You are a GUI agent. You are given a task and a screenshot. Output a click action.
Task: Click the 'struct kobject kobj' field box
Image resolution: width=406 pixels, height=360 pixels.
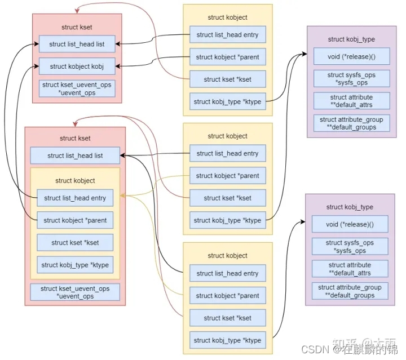[77, 66]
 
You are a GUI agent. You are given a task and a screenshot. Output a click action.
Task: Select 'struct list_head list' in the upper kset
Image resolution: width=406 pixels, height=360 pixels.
[77, 44]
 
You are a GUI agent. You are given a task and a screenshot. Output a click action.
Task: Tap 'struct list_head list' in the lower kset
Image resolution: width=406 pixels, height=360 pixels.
[75, 155]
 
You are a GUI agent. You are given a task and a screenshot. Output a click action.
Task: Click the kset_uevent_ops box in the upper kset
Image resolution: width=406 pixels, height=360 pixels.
[77, 88]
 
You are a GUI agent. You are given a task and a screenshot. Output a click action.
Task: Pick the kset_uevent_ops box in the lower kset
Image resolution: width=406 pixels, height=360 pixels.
[75, 292]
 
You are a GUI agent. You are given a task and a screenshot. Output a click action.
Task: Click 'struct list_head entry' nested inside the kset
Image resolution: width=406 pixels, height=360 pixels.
[75, 198]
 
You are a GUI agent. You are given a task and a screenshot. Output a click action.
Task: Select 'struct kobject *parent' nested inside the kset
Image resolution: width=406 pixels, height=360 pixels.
[75, 220]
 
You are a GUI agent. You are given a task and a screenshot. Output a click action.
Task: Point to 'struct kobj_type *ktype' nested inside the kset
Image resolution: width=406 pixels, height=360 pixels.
[75, 265]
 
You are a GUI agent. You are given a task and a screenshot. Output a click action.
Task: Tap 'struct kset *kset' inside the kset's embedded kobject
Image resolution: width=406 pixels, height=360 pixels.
[75, 242]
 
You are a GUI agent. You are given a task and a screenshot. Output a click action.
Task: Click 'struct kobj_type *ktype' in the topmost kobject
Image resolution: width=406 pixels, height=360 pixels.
[227, 102]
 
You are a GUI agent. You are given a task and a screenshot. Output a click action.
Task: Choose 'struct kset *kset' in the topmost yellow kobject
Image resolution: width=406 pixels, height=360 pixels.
[227, 79]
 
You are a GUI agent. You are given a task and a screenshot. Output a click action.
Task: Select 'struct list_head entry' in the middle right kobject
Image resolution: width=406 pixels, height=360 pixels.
[227, 153]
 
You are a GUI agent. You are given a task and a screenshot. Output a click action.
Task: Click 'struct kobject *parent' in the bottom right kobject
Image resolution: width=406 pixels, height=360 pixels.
[227, 296]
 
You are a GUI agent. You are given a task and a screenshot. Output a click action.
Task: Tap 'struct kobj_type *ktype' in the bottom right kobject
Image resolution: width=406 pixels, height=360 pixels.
[227, 340]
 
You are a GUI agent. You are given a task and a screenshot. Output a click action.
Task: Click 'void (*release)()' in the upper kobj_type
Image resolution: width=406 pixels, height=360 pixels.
[351, 56]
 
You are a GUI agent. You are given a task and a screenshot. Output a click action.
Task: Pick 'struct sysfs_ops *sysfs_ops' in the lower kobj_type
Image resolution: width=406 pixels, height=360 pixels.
[350, 247]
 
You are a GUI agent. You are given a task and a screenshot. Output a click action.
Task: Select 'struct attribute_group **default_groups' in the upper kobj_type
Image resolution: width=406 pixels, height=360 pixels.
[351, 123]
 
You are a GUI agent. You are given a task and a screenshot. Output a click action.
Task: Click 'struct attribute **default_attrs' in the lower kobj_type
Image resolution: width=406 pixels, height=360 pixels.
[350, 269]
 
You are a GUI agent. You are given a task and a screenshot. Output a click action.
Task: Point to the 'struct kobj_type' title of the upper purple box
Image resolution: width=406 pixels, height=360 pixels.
[351, 39]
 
